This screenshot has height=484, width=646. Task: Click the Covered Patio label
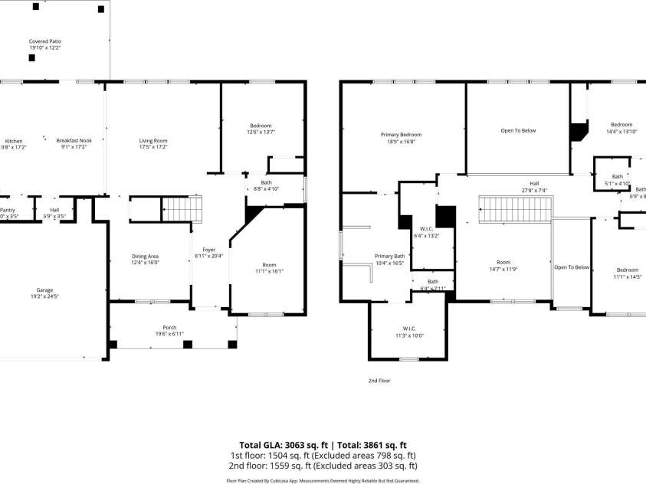pos(45,41)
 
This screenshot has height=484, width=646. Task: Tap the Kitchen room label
pos(14,141)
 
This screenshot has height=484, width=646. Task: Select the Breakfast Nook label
pos(74,141)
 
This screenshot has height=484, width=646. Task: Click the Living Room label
pos(153,141)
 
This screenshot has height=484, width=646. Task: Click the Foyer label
pos(208,250)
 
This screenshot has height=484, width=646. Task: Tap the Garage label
pos(44,290)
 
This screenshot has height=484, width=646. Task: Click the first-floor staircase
pos(182,208)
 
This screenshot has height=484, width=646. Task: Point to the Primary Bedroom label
pos(401,135)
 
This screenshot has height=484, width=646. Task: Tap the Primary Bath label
pos(389,256)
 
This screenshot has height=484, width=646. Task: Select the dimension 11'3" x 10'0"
pos(408,335)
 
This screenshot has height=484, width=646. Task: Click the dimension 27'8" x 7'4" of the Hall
pos(534,190)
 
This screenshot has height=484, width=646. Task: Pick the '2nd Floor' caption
pos(379,380)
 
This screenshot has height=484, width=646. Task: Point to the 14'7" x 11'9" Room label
pos(503,266)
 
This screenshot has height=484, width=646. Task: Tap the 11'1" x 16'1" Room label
pos(269,268)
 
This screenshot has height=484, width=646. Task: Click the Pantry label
pos(7,210)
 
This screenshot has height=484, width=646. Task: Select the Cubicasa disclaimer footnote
pos(323,480)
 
